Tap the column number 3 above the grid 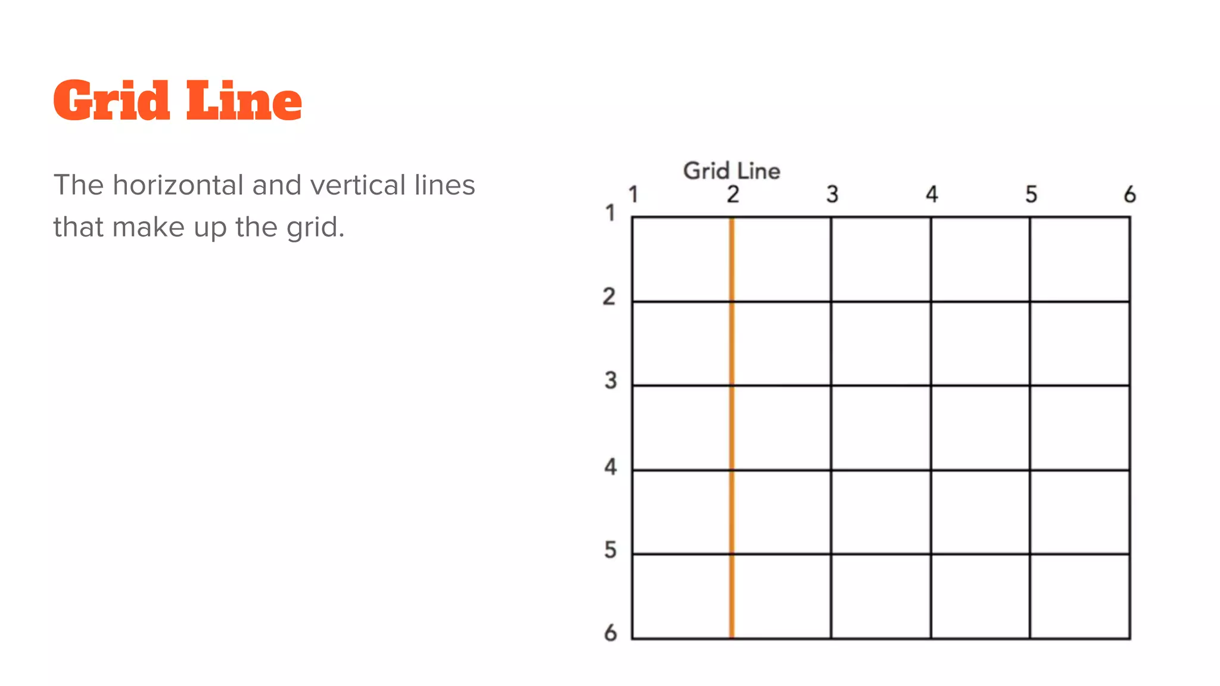point(832,194)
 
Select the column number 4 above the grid point(932,194)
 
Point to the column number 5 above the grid point(1031,194)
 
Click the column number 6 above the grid point(1130,194)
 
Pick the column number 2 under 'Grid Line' point(733,194)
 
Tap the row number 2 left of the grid point(609,297)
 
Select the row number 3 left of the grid point(611,381)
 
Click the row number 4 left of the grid point(611,466)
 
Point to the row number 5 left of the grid point(611,550)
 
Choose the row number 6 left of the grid point(611,632)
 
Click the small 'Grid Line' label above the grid point(732,171)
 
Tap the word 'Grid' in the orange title point(112,101)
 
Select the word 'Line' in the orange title point(244,101)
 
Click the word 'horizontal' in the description point(179,185)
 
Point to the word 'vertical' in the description point(354,185)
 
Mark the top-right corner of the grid point(1129,217)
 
